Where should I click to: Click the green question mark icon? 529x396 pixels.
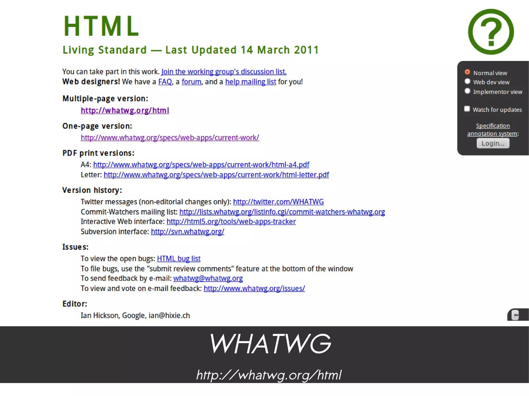[x=491, y=32]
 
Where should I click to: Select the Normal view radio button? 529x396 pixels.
[x=467, y=72]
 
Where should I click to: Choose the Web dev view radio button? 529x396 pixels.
[x=467, y=82]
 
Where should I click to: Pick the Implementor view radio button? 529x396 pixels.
[x=467, y=91]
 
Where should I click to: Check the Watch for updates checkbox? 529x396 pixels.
[x=467, y=109]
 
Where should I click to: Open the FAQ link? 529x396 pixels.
[x=165, y=82]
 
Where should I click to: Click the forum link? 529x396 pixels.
[x=191, y=82]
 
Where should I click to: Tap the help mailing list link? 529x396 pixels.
[x=251, y=82]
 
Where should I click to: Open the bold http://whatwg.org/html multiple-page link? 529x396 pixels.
[x=125, y=110]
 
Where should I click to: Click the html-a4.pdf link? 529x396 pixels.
[x=201, y=165]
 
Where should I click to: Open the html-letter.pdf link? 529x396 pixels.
[x=216, y=175]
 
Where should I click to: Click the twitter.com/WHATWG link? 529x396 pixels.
[x=278, y=202]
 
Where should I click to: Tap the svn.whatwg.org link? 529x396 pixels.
[x=188, y=232]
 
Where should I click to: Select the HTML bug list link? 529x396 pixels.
[x=178, y=258]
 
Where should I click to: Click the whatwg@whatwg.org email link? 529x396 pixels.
[x=208, y=278]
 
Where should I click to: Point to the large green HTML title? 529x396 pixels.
[x=102, y=26]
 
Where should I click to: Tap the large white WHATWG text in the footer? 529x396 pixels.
[x=270, y=344]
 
